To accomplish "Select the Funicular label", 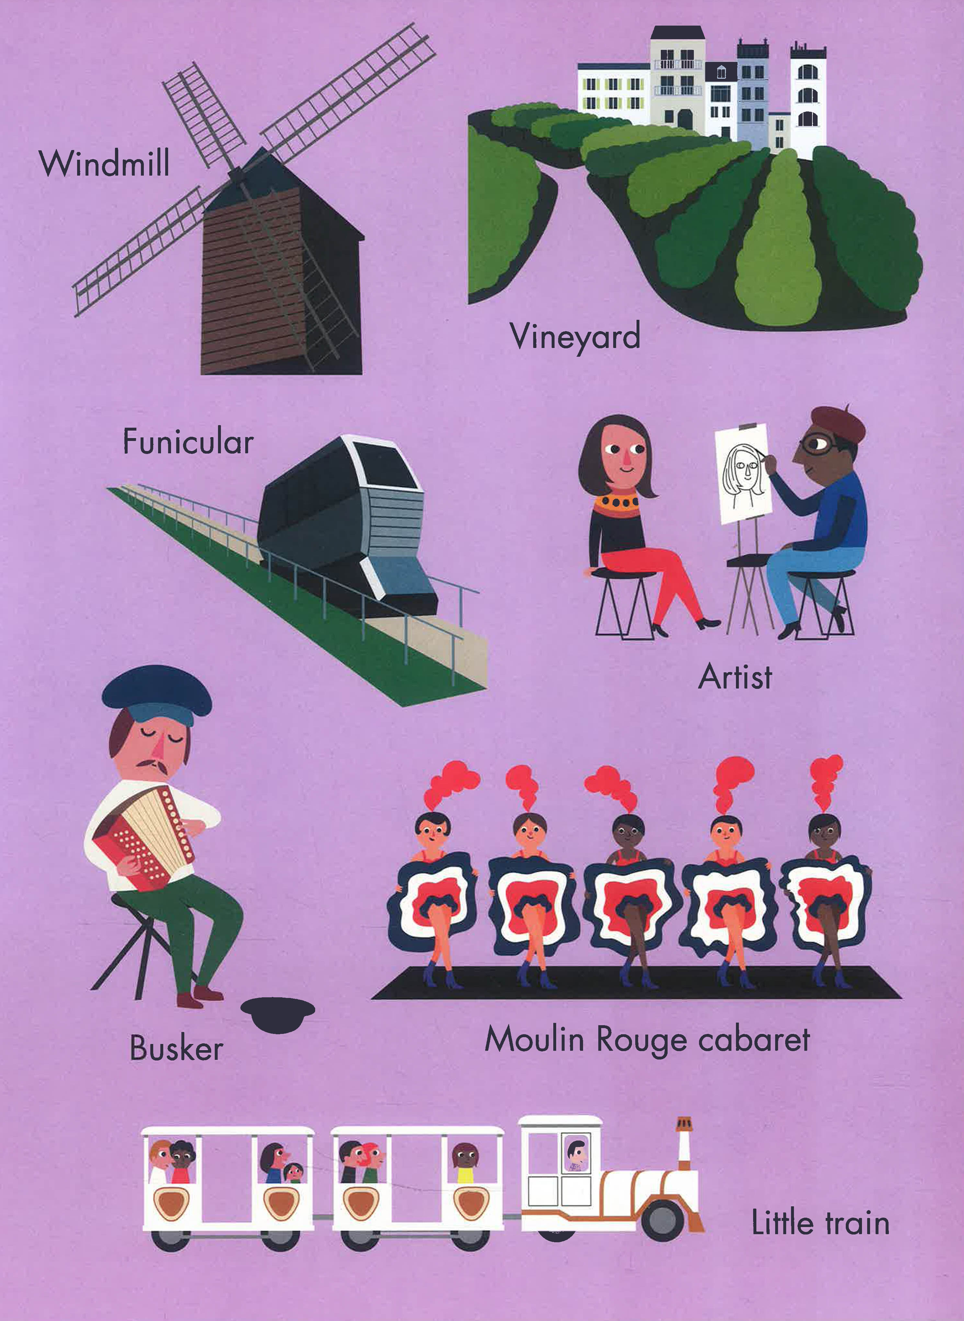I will tap(188, 442).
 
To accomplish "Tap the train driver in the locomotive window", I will tap(576, 1154).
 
